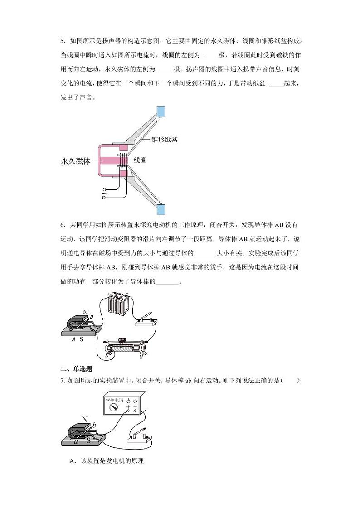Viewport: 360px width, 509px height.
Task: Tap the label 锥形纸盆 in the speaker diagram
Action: (x=164, y=139)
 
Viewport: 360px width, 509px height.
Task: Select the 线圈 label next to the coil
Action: (x=140, y=161)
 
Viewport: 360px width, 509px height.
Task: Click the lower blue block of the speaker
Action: (x=161, y=209)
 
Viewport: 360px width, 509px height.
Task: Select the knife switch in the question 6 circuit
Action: (x=146, y=319)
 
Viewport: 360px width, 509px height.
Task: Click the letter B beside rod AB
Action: (x=91, y=317)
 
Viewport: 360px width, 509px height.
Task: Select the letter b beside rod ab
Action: (x=94, y=424)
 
